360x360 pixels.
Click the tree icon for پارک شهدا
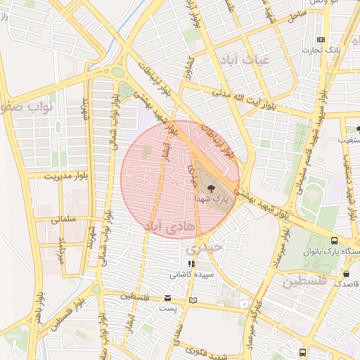[x=212, y=187]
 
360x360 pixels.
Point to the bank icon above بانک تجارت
[x=321, y=39]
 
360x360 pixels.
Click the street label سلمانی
[x=63, y=219]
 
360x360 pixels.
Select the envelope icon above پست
[x=167, y=297]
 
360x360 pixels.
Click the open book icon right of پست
[x=193, y=300]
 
